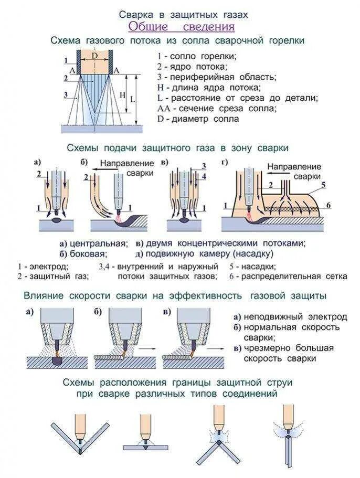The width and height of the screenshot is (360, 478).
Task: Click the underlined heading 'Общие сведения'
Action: [x=181, y=27]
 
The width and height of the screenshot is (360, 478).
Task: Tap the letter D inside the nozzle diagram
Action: [x=94, y=55]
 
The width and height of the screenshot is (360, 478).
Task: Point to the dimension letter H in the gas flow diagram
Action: [x=122, y=95]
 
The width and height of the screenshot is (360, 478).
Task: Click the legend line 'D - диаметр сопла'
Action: [x=198, y=119]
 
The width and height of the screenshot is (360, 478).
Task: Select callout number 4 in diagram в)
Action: [x=204, y=177]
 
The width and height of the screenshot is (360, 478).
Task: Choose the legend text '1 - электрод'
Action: [x=39, y=267]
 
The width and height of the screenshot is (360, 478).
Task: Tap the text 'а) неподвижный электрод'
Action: [x=290, y=317]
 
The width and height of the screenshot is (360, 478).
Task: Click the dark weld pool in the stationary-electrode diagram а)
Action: [x=56, y=362]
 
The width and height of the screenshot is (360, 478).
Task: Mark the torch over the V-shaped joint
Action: [x=79, y=427]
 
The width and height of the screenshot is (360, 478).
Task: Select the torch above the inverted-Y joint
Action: [x=219, y=420]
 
